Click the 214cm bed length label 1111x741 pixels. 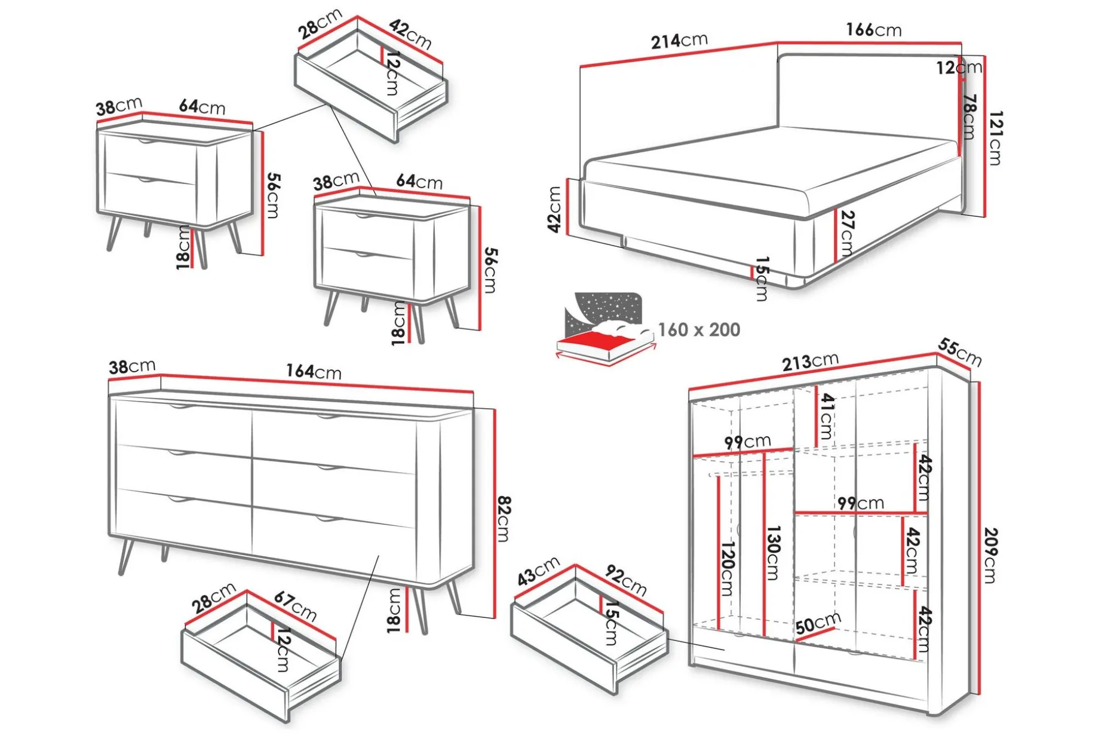tap(679, 41)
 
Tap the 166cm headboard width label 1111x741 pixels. tap(873, 29)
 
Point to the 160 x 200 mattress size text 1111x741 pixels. tap(699, 329)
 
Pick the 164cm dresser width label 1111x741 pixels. tap(314, 371)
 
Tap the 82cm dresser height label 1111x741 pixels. tap(504, 519)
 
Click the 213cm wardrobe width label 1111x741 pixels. tap(810, 361)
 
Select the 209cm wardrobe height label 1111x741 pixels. tap(990, 555)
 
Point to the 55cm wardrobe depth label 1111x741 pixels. tap(959, 351)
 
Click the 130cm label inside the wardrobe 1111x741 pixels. tap(773, 553)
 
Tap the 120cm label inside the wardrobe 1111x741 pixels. tap(727, 568)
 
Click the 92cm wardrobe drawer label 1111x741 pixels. tap(626, 580)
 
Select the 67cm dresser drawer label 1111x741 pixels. tap(295, 606)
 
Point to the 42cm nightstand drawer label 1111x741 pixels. tap(410, 34)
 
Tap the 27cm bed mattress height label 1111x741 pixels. tap(846, 234)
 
